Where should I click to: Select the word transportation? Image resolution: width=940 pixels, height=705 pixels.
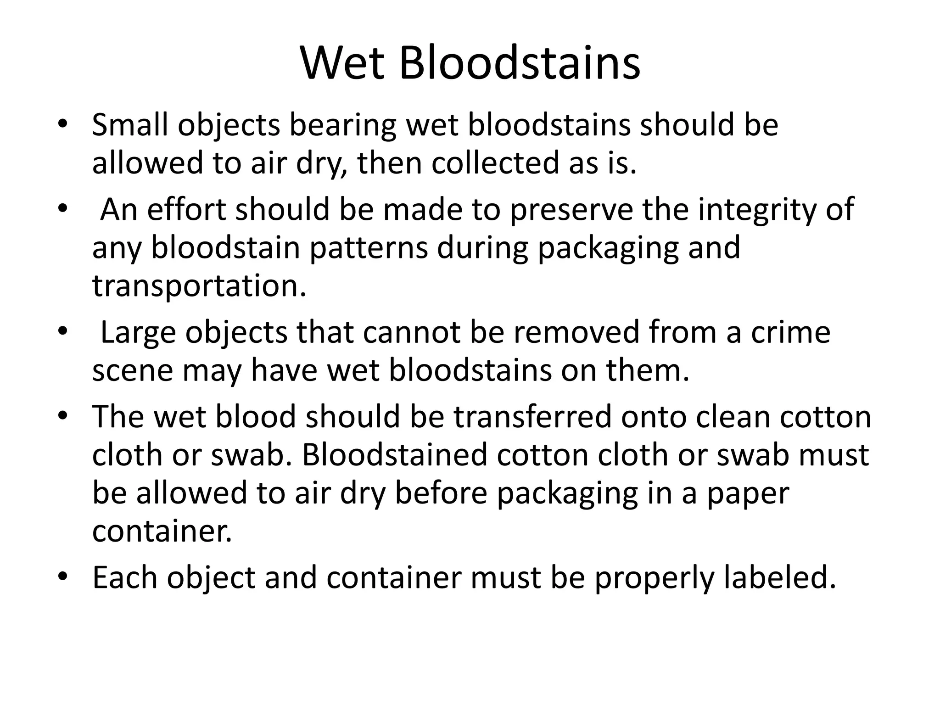[199, 285]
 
